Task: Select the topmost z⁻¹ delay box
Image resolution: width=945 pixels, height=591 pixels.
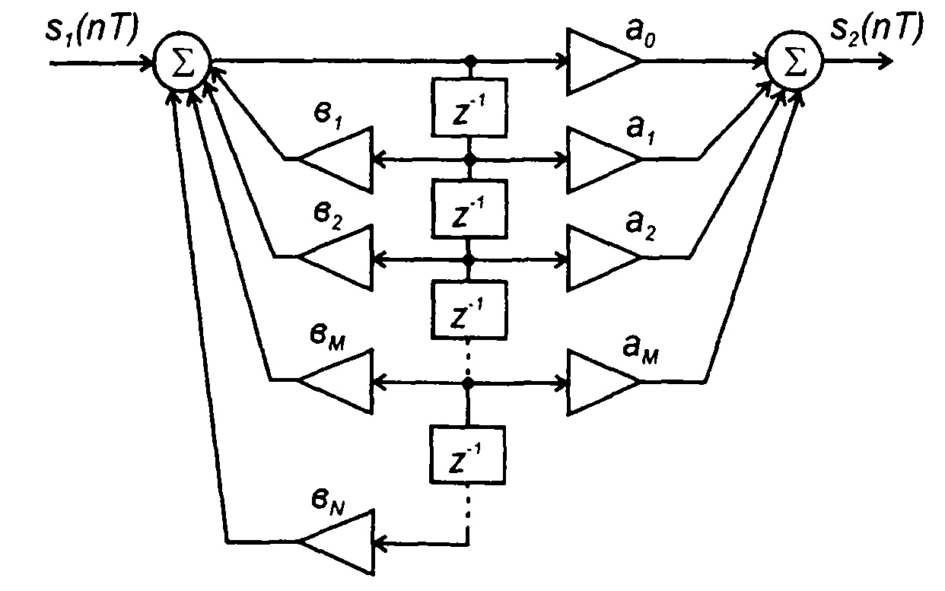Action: coord(468,108)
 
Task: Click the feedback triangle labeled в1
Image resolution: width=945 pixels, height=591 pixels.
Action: coord(339,159)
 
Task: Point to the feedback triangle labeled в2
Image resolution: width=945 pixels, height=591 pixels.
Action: coord(339,259)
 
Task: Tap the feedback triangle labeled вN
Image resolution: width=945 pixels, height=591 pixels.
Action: coord(339,542)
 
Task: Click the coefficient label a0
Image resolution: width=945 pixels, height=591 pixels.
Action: coord(660,34)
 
